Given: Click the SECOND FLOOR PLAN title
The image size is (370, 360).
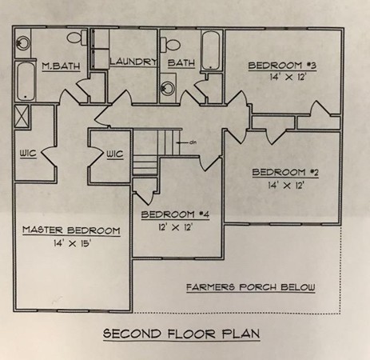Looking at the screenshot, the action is pyautogui.click(x=181, y=334).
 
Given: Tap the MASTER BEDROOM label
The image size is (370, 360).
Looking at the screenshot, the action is pyautogui.click(x=71, y=230).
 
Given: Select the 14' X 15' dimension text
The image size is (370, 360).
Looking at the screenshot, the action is pyautogui.click(x=73, y=243).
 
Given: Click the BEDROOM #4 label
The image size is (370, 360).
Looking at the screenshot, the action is pyautogui.click(x=175, y=214).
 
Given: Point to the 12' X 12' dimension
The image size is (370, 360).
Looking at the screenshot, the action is pyautogui.click(x=176, y=227).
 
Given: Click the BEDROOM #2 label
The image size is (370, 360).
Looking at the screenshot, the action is pyautogui.click(x=285, y=172).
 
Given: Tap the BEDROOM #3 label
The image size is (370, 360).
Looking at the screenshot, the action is pyautogui.click(x=282, y=66).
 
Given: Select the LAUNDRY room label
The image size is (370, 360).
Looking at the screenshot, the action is pyautogui.click(x=133, y=62).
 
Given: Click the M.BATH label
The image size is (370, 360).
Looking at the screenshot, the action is pyautogui.click(x=61, y=66).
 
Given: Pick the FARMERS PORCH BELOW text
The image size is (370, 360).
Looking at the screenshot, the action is pyautogui.click(x=251, y=287).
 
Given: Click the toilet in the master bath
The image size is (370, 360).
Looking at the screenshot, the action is pyautogui.click(x=77, y=38).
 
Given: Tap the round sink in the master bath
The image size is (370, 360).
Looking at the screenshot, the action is pyautogui.click(x=22, y=43).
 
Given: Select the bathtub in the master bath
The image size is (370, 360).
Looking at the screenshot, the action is pyautogui.click(x=26, y=81).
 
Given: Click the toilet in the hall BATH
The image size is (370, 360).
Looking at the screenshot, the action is pyautogui.click(x=170, y=44).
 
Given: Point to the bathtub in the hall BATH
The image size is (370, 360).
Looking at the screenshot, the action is pyautogui.click(x=211, y=50).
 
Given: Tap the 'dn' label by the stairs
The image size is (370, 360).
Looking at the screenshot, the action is pyautogui.click(x=193, y=142).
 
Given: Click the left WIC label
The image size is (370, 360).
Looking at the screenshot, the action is pyautogui.click(x=28, y=154).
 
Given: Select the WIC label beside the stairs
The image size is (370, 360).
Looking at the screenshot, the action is pyautogui.click(x=115, y=154).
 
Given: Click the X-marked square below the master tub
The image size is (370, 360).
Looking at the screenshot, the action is pyautogui.click(x=22, y=117).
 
